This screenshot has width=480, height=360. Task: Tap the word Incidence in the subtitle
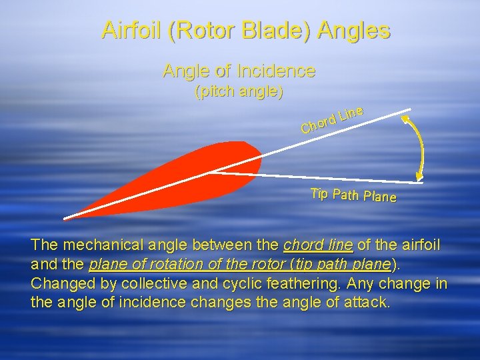(280, 70)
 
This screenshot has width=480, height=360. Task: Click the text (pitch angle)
(239, 91)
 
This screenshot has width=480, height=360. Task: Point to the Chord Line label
(331, 119)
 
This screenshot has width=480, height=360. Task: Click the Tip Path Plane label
(353, 195)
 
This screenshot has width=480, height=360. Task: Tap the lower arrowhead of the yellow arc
(419, 177)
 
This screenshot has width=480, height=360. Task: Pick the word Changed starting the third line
(59, 283)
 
